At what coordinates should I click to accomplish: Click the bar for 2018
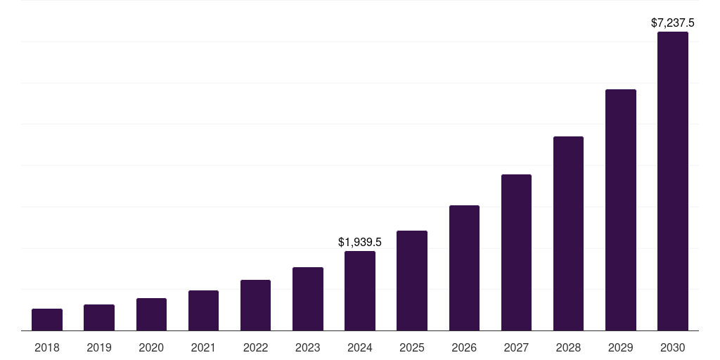(x=47, y=320)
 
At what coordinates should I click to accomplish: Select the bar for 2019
(x=99, y=318)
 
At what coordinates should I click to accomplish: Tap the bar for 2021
(x=203, y=311)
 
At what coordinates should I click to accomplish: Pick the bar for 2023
(x=308, y=299)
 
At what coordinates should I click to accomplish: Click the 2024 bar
(x=360, y=291)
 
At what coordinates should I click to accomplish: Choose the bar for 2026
(x=464, y=268)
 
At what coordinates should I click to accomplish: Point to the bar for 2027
(x=516, y=252)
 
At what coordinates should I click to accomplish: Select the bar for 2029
(x=621, y=210)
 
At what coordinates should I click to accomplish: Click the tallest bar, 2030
(x=673, y=181)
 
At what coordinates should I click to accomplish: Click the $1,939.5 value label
(x=360, y=243)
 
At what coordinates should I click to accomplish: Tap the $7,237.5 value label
(x=673, y=23)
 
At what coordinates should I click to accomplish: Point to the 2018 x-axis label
(x=47, y=347)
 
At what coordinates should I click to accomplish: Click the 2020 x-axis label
(x=151, y=347)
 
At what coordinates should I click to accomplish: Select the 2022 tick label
(x=255, y=347)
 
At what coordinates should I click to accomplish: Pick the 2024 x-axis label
(x=360, y=347)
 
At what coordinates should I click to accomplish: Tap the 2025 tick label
(x=412, y=347)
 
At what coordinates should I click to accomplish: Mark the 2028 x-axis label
(x=568, y=347)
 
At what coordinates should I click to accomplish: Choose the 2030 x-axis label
(x=673, y=347)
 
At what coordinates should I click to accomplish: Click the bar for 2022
(x=255, y=305)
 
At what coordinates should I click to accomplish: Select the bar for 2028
(x=568, y=233)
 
